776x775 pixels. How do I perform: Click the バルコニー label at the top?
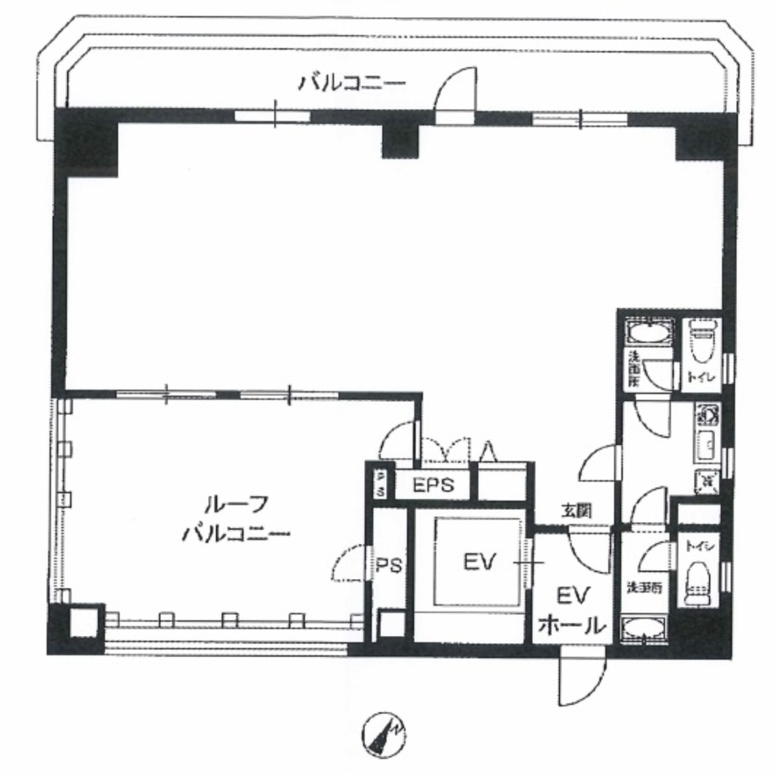(x=351, y=84)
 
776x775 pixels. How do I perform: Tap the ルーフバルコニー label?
(x=236, y=519)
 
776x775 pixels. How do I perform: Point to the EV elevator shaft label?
(x=479, y=561)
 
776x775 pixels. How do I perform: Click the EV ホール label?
(x=571, y=611)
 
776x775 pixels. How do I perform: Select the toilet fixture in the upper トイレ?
(x=703, y=339)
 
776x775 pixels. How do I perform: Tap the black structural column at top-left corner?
(x=87, y=144)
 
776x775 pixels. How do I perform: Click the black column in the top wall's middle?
(x=401, y=140)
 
